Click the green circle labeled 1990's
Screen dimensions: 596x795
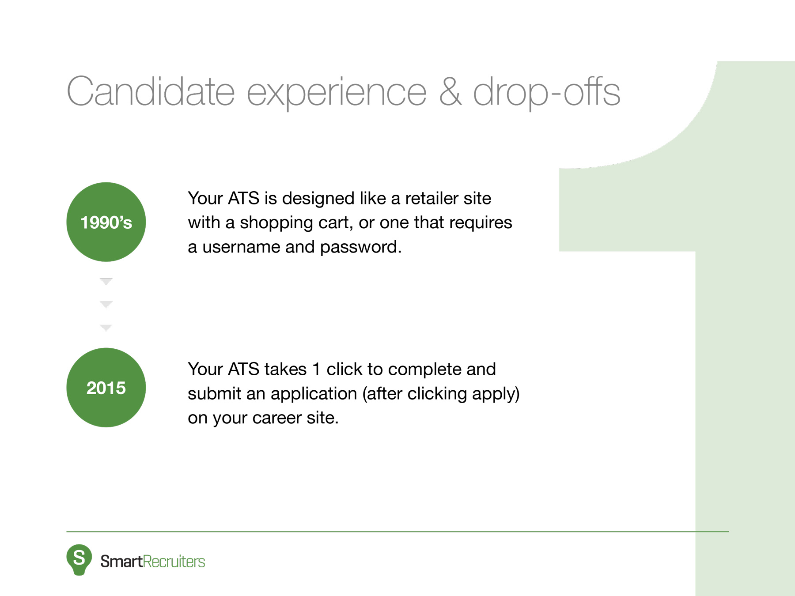[x=106, y=222]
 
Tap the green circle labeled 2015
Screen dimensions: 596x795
[x=106, y=388]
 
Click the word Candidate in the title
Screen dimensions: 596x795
[x=150, y=92]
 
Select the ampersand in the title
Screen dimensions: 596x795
[x=450, y=92]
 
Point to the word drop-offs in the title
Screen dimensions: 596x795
[x=546, y=92]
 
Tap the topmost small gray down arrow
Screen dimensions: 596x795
[x=106, y=281]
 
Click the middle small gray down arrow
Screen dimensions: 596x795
[x=106, y=305]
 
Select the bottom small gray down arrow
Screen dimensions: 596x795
[x=106, y=328]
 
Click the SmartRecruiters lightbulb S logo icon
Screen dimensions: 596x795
[x=79, y=559]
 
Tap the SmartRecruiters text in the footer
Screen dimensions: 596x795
[x=152, y=562]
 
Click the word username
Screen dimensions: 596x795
[x=241, y=247]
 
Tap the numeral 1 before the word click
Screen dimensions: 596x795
[x=316, y=369]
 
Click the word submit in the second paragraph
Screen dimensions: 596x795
[x=214, y=393]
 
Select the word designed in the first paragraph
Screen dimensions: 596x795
[x=318, y=199]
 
